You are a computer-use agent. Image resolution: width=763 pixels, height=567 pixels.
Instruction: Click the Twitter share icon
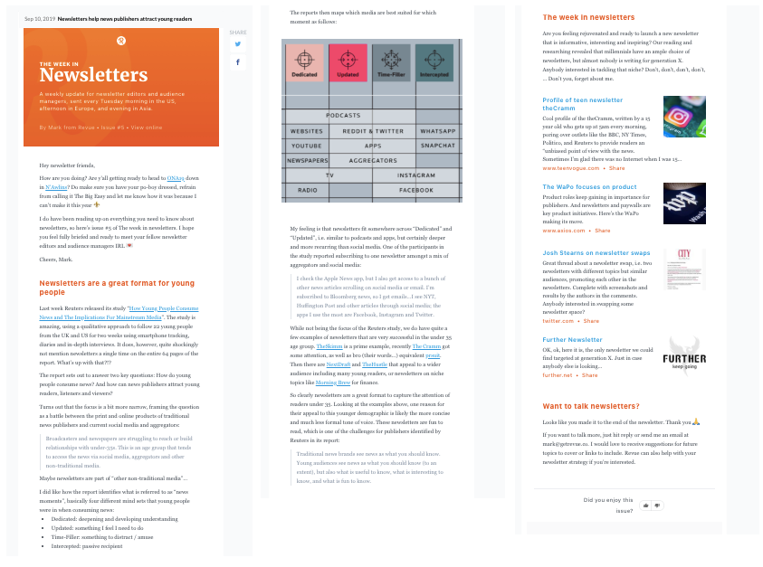238,43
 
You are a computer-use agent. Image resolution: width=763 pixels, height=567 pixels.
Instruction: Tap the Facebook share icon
238,62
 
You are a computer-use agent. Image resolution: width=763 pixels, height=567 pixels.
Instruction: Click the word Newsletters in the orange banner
93,74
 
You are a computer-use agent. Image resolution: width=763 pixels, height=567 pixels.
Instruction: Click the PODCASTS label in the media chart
343,116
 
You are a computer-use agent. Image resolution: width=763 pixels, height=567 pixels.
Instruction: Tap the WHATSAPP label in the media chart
438,131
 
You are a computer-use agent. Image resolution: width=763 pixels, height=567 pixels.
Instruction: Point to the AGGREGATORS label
373,159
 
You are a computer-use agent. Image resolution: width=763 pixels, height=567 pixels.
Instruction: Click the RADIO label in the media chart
307,190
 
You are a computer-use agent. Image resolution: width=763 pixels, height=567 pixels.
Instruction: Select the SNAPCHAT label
438,146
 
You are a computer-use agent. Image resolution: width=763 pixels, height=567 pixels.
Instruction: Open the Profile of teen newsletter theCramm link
582,104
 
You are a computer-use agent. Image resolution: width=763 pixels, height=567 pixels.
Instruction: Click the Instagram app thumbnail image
684,117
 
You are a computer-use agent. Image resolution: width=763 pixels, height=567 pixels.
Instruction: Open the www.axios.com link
564,231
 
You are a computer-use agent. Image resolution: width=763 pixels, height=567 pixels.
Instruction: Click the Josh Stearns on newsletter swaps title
596,253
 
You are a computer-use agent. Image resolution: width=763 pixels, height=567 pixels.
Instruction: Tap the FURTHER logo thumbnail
684,355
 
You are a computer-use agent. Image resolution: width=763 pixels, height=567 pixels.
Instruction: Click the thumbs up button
646,505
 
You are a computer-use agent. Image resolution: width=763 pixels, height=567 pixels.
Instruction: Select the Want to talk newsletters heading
591,406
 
